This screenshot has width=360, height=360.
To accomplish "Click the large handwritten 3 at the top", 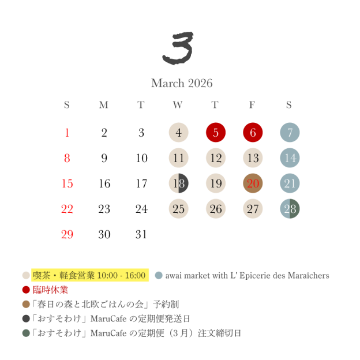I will coord(178,49).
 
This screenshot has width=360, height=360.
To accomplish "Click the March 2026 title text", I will coord(181,84).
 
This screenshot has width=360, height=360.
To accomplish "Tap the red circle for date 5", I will coord(215,133).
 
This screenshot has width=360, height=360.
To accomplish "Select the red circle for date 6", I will coord(253,133).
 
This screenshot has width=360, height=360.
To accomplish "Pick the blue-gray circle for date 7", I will coord(290,133).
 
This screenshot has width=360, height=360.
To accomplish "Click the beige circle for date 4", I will coord(178,133).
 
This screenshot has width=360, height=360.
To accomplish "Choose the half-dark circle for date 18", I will coord(178,183).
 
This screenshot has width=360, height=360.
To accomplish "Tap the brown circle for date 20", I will coord(253,183).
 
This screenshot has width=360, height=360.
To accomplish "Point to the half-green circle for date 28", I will coord(290,209).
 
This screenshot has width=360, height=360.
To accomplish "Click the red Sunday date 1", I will coord(67,133).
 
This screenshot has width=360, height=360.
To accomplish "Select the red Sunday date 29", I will coord(67,234).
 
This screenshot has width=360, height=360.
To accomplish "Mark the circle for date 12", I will coord(215,158).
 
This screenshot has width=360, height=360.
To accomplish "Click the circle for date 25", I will coord(178,209).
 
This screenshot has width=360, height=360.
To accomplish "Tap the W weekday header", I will coord(178,105).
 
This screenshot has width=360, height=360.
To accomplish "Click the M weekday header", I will coord(103,105).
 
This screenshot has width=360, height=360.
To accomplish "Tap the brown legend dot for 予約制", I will coord(26,304).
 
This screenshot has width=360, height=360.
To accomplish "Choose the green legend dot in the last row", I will coord(26,333).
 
